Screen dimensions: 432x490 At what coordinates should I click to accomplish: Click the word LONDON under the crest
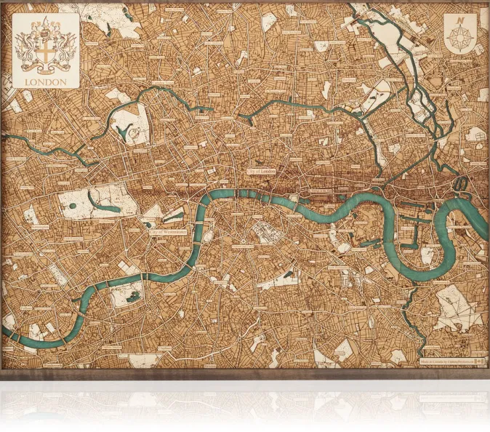tap(45, 82)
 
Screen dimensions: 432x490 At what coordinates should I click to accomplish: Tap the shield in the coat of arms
tap(45, 55)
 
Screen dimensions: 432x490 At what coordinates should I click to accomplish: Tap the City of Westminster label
tap(170, 233)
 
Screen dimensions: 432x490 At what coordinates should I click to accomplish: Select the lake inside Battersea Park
tap(131, 295)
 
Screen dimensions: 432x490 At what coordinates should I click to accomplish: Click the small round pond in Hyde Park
tap(73, 206)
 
